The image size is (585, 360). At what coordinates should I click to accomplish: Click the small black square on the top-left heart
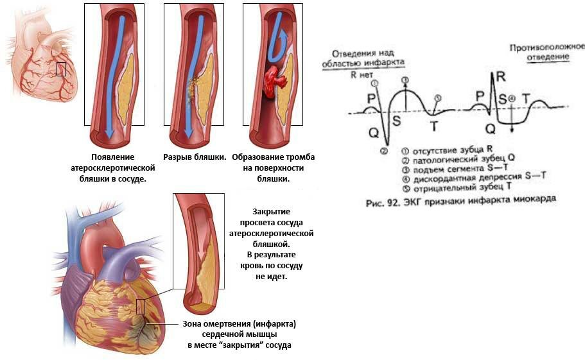coord(61,69)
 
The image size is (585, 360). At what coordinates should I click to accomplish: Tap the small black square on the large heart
coord(141,305)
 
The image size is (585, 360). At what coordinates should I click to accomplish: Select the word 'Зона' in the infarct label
coord(189,322)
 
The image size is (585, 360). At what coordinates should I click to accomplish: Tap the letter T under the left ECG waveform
coord(434,126)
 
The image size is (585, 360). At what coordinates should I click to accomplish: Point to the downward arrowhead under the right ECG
coord(512,131)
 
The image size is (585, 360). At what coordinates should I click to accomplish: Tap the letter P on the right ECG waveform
coord(479,95)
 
